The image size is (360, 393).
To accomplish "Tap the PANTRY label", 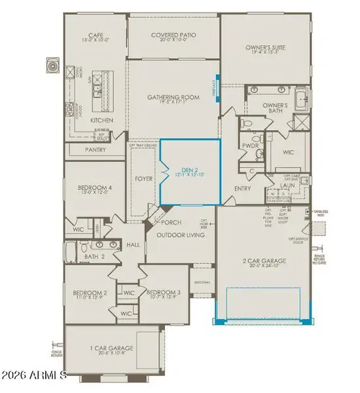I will (x=96, y=150).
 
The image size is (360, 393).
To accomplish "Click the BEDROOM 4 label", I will (x=96, y=188).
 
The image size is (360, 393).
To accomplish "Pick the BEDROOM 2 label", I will (x=90, y=293).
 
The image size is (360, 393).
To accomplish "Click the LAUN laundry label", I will (x=289, y=185).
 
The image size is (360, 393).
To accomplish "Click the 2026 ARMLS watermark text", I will (x=34, y=375).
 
